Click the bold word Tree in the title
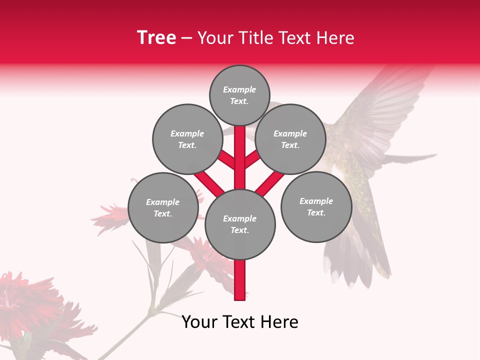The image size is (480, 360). (156, 38)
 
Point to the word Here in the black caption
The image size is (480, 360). (280, 322)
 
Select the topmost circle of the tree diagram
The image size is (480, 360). (239, 95)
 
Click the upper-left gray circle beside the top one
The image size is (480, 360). (187, 139)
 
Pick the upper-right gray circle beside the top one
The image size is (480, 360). (290, 139)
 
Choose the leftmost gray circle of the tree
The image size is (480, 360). (163, 207)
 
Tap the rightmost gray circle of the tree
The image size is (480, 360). (316, 206)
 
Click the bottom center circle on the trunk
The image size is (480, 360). (240, 224)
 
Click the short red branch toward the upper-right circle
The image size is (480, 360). (252, 159)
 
